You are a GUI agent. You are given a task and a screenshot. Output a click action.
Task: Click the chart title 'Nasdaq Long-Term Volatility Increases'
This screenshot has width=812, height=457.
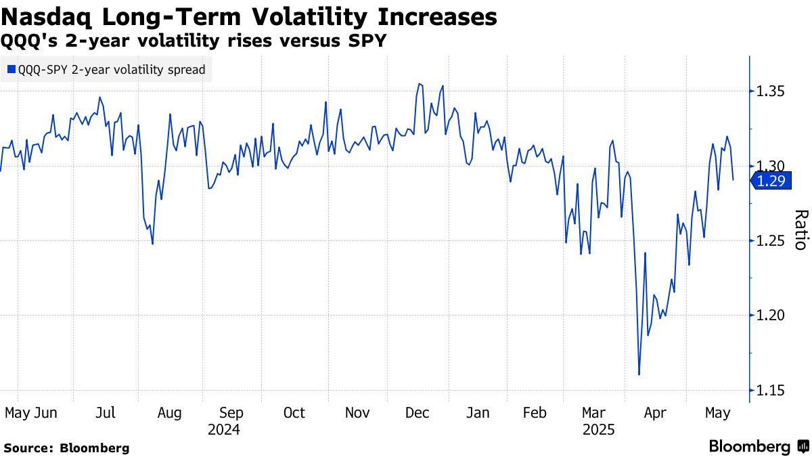coord(248,16)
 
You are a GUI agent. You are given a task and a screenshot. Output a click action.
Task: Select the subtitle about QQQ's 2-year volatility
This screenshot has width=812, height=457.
coord(194,41)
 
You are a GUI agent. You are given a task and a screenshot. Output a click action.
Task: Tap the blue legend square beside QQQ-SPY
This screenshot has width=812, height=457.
coord(11,69)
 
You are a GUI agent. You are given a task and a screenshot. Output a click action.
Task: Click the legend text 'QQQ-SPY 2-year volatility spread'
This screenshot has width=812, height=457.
coord(112,69)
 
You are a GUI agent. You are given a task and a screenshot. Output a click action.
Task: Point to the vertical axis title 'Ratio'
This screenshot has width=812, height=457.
coord(800,230)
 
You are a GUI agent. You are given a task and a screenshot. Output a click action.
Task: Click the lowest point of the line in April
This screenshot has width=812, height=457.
coord(639,374)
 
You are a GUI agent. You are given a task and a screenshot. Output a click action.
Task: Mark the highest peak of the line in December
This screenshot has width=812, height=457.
coord(419,84)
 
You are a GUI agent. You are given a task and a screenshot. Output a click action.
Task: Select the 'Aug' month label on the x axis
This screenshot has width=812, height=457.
coord(169,413)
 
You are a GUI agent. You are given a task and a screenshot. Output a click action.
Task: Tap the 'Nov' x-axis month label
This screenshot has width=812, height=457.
coord(357,413)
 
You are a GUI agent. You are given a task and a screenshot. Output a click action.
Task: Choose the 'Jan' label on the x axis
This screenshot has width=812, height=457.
coord(478,413)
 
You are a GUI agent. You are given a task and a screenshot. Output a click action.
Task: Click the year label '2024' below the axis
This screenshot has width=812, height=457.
coord(224,430)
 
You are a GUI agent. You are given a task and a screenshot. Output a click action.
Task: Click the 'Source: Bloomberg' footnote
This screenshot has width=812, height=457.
coord(66,448)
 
